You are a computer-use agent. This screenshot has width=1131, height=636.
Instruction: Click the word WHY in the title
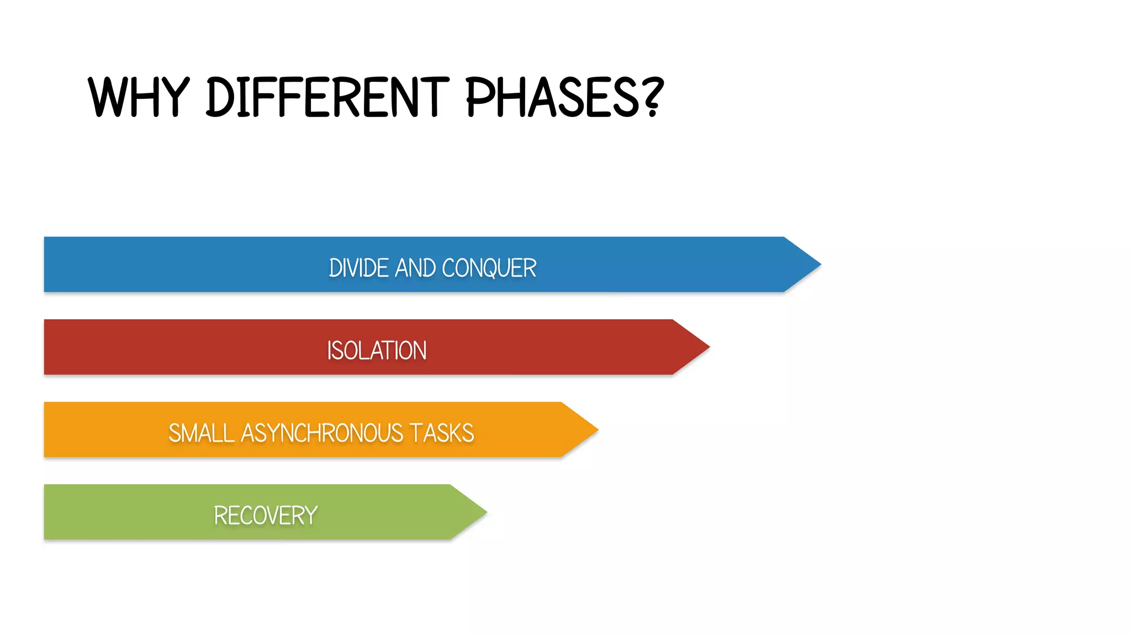(139, 97)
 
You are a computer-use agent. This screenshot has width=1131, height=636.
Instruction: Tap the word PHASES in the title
(553, 97)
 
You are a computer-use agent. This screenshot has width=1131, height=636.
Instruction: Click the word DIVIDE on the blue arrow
(358, 268)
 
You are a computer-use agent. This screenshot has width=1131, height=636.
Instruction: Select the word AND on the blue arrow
(415, 268)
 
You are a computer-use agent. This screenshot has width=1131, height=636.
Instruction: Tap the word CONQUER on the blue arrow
(489, 268)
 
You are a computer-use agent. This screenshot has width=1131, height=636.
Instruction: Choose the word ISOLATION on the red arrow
(377, 351)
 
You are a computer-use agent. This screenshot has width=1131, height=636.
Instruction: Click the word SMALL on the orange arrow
(201, 433)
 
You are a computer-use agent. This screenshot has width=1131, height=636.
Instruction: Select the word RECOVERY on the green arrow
(265, 516)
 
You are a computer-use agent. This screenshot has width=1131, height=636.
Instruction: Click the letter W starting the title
(107, 97)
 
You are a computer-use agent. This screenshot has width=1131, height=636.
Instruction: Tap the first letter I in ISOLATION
(330, 351)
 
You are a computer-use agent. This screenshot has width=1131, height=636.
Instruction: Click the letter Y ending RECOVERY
(311, 516)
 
